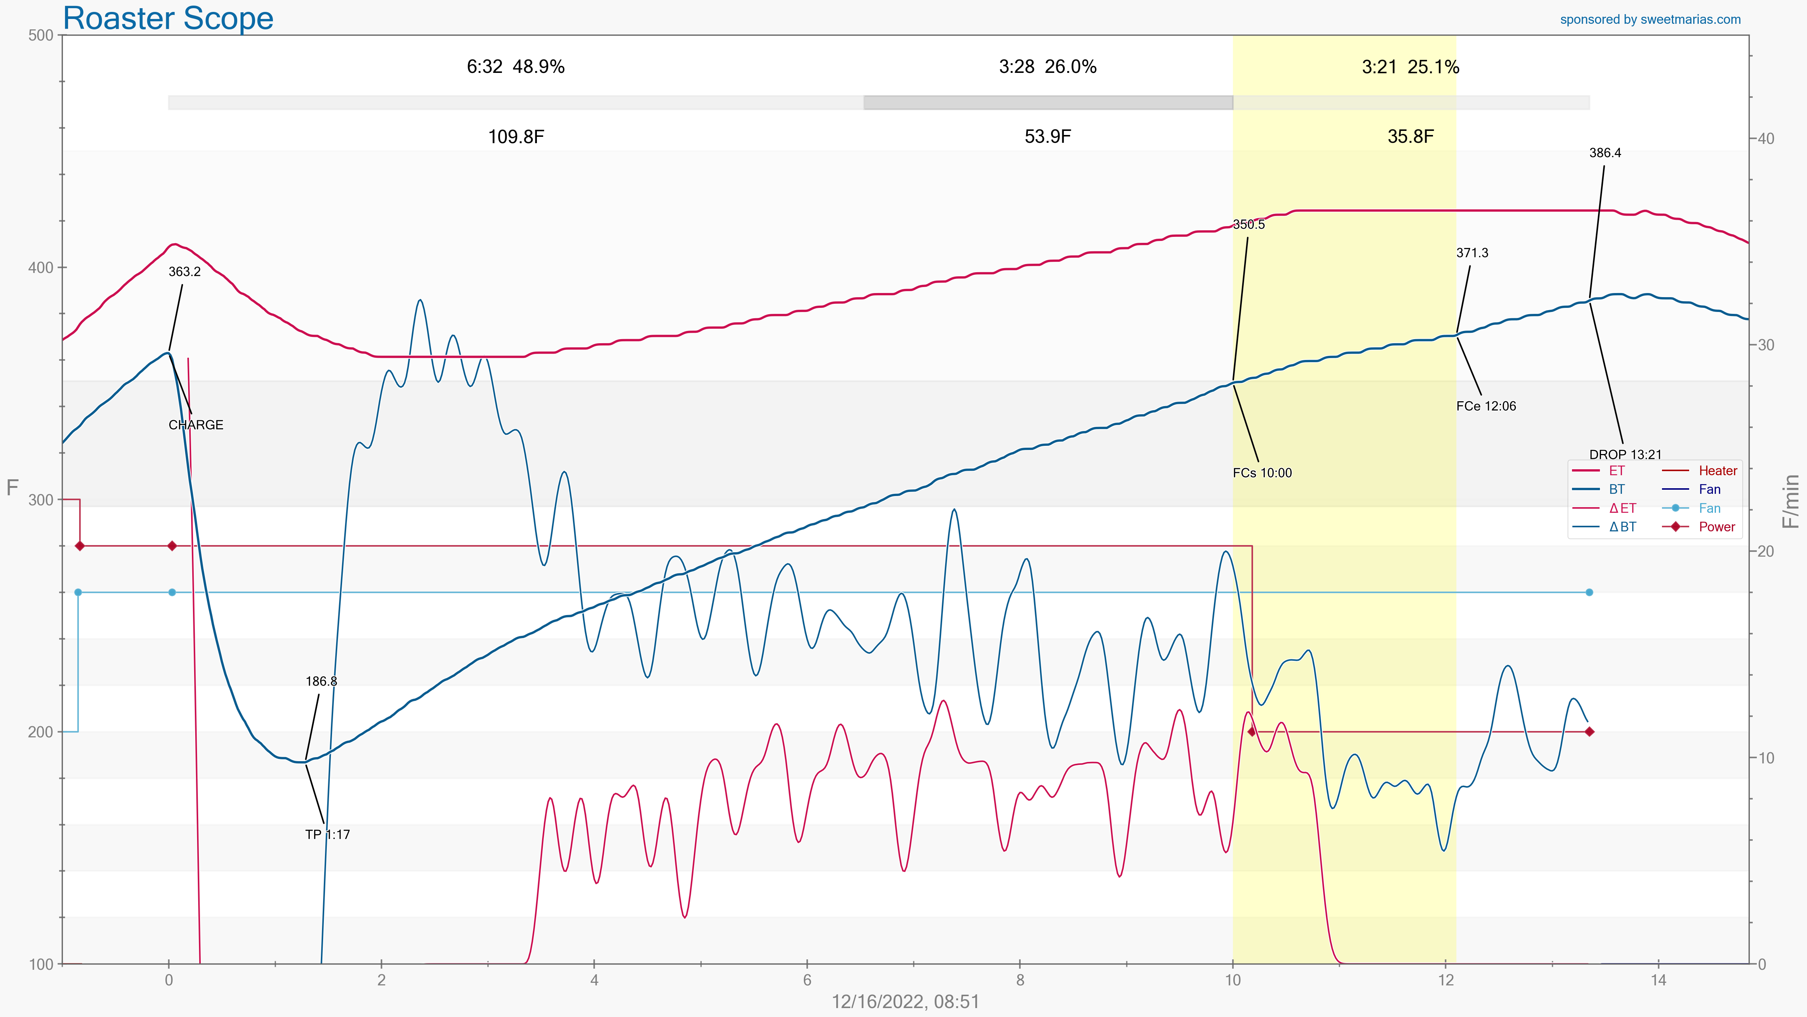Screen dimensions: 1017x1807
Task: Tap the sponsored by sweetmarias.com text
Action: pos(1650,20)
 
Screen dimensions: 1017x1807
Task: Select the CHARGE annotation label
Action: pos(196,425)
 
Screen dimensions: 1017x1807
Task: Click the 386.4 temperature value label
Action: pos(1605,153)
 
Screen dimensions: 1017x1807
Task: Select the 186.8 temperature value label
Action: pos(321,682)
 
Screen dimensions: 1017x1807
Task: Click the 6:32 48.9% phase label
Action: pos(516,67)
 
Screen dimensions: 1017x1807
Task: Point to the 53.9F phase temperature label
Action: pos(1047,137)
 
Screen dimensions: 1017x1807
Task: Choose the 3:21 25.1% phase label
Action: pos(1410,67)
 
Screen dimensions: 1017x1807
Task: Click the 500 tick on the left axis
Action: pos(41,36)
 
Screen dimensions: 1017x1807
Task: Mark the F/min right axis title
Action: pos(1791,501)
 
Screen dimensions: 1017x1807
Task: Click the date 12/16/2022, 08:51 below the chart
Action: pos(905,1002)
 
